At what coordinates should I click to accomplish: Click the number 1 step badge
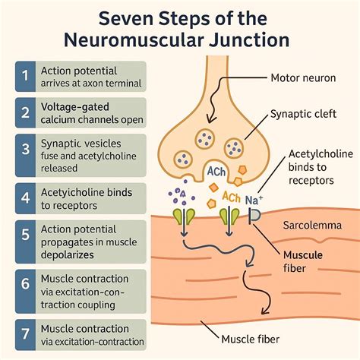[25, 76]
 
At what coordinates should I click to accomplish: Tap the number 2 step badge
[25, 112]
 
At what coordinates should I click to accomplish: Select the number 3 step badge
[25, 155]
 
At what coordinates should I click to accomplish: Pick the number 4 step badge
[25, 198]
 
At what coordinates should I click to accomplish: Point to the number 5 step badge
[25, 242]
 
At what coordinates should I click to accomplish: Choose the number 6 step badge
[25, 291]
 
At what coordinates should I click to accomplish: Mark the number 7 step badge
[25, 335]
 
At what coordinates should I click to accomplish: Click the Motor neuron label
[303, 77]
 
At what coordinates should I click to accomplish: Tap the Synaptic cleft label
[303, 114]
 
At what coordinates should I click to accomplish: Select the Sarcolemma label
[312, 225]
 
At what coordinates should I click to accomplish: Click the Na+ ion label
[254, 200]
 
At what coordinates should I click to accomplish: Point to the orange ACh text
[231, 197]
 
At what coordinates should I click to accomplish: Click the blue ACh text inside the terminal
[216, 172]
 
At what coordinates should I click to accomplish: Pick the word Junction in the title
[249, 40]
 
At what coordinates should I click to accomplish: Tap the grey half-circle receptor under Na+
[254, 216]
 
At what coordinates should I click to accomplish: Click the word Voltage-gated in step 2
[75, 107]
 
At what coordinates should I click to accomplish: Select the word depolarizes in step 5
[68, 254]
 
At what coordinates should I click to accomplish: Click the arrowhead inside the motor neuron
[210, 118]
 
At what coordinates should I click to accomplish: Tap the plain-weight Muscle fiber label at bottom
[251, 339]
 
